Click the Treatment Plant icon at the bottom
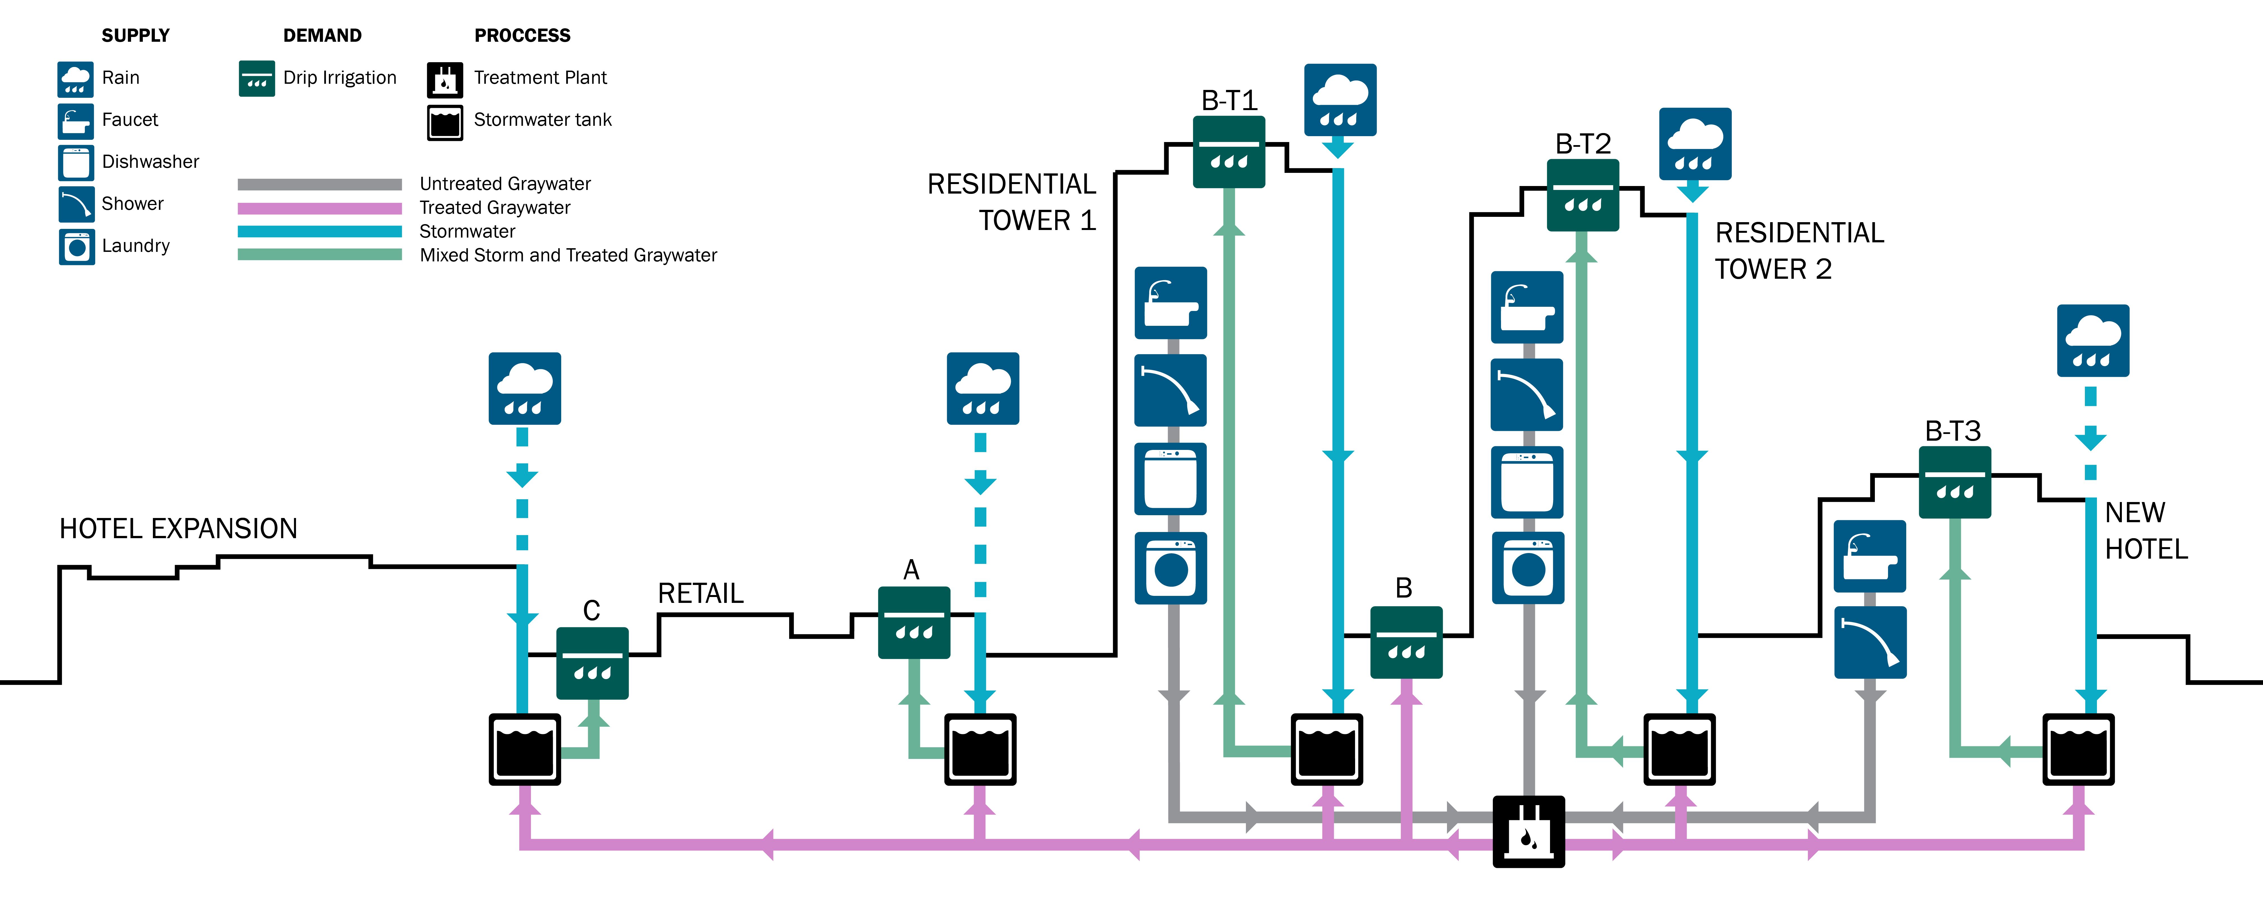point(1528,831)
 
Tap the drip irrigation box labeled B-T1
point(1229,152)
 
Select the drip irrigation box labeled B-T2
point(1583,195)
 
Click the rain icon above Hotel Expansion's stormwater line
point(525,388)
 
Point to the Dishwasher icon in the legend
point(76,162)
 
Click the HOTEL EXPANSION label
point(178,528)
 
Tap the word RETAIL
point(700,593)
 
